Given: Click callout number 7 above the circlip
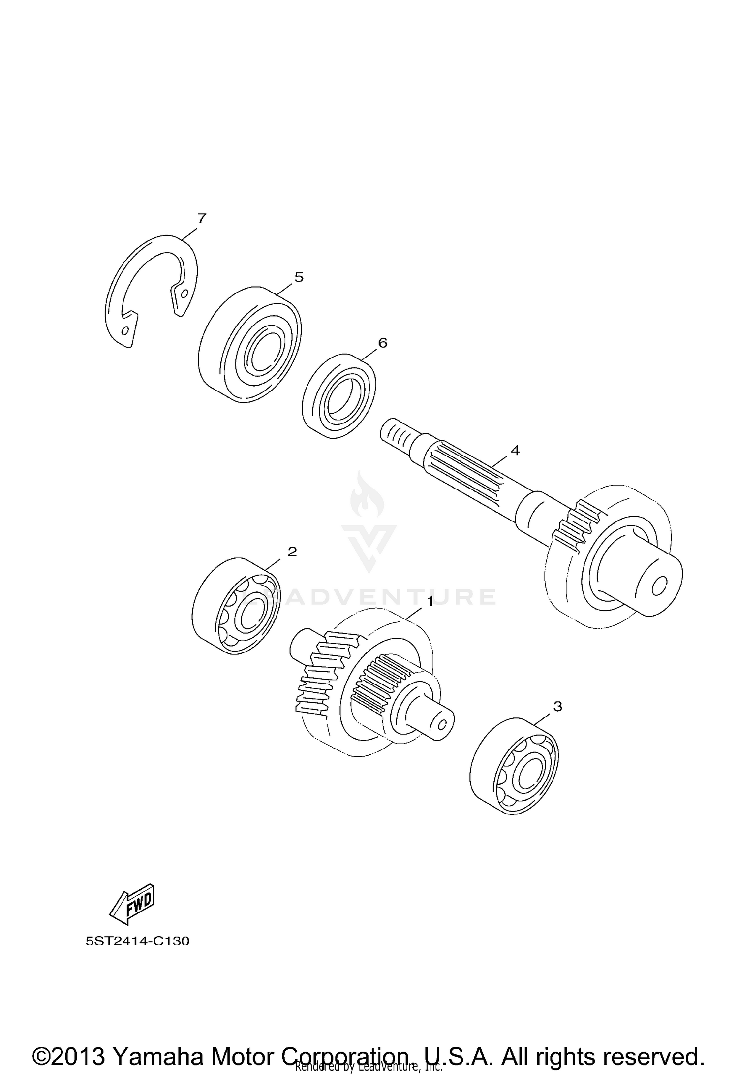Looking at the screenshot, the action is tap(201, 218).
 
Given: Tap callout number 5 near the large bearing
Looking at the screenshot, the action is tap(299, 277).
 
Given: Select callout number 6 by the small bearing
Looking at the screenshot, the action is tap(382, 342).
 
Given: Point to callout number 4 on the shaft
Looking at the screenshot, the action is tap(515, 450).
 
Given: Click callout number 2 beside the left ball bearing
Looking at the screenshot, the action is tap(292, 552).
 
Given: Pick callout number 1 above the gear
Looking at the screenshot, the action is tap(430, 602).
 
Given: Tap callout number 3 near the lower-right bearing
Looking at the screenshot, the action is tap(557, 706).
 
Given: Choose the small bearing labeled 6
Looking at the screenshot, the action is tap(338, 396).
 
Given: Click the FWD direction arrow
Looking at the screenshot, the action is tap(132, 905).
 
